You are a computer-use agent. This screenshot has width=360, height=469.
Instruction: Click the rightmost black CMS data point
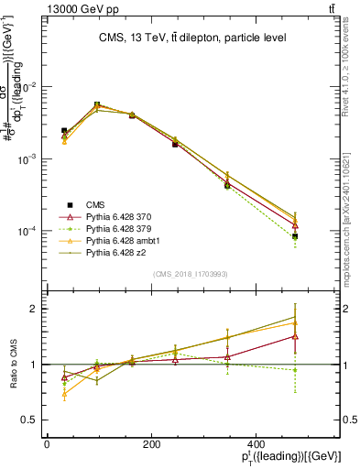[296, 236]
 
